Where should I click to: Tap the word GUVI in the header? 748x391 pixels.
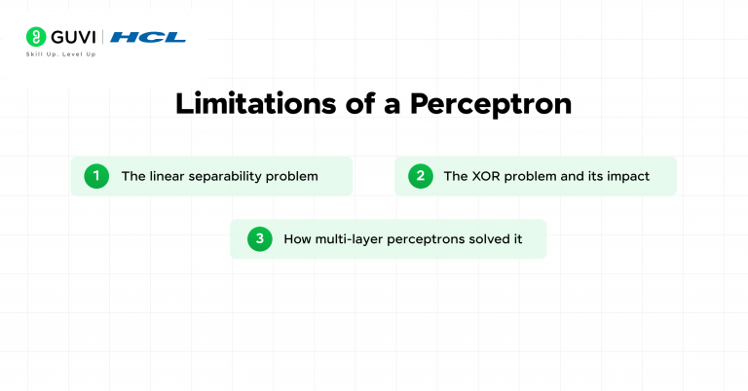[x=74, y=37]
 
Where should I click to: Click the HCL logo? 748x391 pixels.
[x=148, y=37]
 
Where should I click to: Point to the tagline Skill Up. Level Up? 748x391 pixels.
[x=60, y=54]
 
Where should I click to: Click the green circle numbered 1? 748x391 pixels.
[x=96, y=176]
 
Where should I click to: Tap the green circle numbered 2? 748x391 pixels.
[x=421, y=176]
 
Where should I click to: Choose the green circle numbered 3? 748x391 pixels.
[x=259, y=238]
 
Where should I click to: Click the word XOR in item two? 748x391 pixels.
[x=486, y=176]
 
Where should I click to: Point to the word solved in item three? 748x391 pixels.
[x=493, y=238]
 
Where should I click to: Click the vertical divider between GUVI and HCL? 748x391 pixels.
[x=103, y=37]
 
